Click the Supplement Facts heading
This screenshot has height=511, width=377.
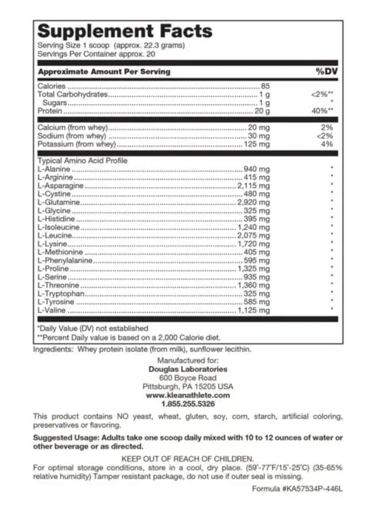pyautogui.click(x=125, y=32)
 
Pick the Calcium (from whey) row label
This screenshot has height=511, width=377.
pyautogui.click(x=72, y=127)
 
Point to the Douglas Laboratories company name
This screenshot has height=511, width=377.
pyautogui.click(x=189, y=369)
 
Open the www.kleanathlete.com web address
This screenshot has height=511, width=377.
pyautogui.click(x=189, y=395)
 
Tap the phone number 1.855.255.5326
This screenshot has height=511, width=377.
pyautogui.click(x=189, y=404)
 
